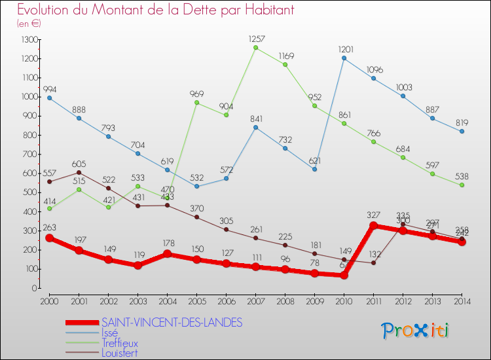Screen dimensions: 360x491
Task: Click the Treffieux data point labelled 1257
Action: coord(255,47)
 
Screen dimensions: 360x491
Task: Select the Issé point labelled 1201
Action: coord(344,58)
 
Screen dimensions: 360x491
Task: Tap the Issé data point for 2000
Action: coord(49,98)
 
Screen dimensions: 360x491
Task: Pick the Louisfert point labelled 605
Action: coord(79,172)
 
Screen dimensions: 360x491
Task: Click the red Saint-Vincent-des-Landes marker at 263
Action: coord(49,238)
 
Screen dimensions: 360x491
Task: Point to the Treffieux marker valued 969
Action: coord(196,102)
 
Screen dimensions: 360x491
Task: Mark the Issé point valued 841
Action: coord(255,127)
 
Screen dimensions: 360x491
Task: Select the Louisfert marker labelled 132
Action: coord(373,262)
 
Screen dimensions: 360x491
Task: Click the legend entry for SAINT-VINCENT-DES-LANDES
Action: coord(172,322)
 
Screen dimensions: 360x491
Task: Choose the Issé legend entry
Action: coord(110,333)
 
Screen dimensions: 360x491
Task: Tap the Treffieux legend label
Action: coord(120,342)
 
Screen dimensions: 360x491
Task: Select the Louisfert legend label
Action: coord(120,353)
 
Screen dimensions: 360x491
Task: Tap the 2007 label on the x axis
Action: coord(255,301)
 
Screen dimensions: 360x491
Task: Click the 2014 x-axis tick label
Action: coord(462,301)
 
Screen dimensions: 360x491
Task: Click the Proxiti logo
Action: coord(415,331)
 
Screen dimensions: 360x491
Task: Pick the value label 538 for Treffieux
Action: coord(462,175)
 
